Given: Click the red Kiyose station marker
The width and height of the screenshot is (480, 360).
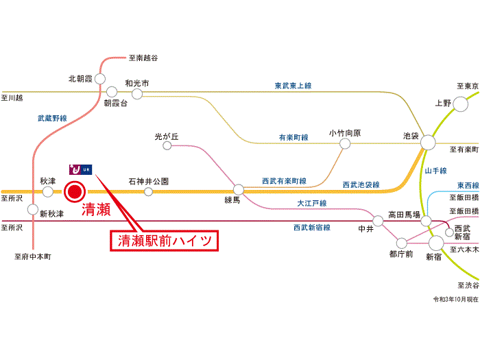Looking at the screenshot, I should [x=74, y=191].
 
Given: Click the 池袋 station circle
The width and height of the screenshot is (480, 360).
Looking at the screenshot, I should [x=429, y=143].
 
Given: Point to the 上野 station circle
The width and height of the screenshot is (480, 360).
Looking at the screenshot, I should [x=460, y=104].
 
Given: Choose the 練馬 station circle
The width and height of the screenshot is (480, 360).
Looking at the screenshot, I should [x=239, y=189].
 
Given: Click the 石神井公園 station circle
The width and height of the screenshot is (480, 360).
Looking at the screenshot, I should [x=148, y=191].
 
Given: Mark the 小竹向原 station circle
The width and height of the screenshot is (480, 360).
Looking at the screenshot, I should [x=345, y=144].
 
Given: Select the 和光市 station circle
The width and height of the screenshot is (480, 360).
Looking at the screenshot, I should [x=137, y=93].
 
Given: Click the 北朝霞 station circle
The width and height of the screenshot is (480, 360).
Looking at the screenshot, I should [x=101, y=77].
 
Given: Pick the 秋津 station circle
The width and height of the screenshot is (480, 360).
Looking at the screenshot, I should [x=47, y=191].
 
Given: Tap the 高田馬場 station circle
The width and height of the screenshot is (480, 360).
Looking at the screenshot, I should [x=426, y=221].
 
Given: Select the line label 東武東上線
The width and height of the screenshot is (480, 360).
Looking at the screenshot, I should [x=293, y=86].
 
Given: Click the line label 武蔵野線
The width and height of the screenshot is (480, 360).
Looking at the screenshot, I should [x=52, y=119].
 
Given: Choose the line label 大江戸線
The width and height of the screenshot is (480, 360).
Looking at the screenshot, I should [x=311, y=204].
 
